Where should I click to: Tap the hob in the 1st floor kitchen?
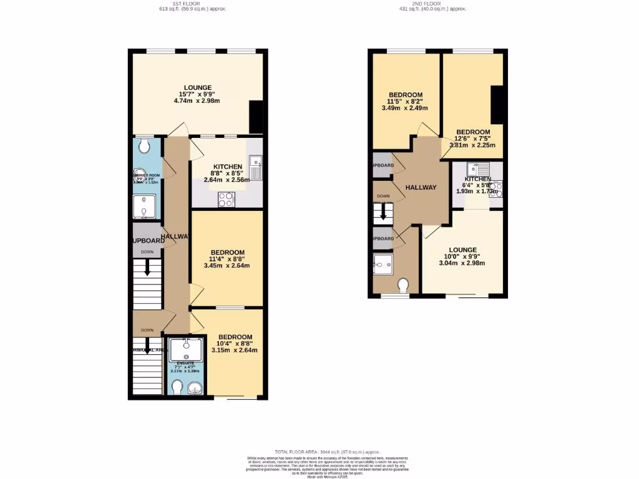coord(225,199)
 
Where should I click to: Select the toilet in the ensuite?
coord(177,388)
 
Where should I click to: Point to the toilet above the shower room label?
coord(144,146)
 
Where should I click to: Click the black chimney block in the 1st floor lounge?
coord(256,117)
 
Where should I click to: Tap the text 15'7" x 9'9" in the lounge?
coord(197,94)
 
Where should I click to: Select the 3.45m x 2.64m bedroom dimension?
coord(227,266)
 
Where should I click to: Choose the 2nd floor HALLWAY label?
coord(421,188)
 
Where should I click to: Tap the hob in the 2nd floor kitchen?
coord(496,190)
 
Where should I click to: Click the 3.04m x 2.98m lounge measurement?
coord(462,263)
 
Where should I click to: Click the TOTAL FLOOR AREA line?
coord(318,452)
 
